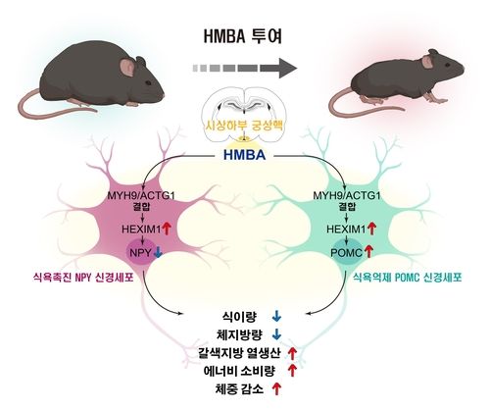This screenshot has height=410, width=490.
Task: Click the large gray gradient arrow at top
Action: pyautogui.click(x=244, y=70)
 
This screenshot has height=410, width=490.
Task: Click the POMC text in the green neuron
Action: pyautogui.click(x=346, y=251)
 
